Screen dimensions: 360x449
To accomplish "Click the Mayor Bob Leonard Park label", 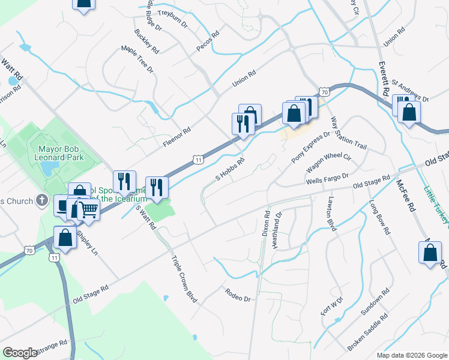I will (x=61, y=153).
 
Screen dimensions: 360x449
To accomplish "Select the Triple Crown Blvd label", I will (x=184, y=279).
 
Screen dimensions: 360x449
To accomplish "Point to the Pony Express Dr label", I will (x=311, y=148).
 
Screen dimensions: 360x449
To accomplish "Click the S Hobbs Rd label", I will (x=231, y=169).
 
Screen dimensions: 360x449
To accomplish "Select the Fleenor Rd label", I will (x=176, y=137).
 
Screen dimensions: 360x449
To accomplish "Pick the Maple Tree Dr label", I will (x=137, y=59).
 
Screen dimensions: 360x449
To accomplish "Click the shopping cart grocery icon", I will (x=88, y=210).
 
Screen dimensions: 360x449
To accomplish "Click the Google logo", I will (x=20, y=352).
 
